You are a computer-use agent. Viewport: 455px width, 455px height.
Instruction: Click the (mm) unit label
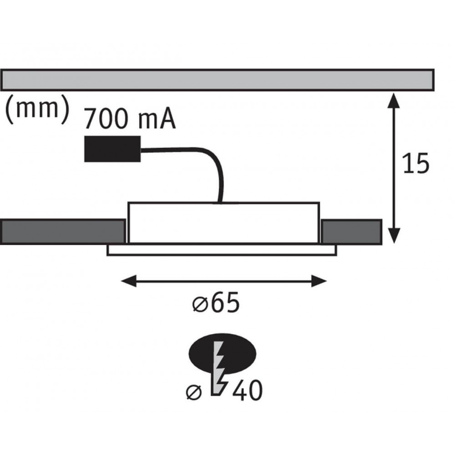[37, 110]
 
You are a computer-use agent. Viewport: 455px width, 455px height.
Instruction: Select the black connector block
[112, 149]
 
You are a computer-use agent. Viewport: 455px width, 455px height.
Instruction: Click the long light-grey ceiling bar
[217, 80]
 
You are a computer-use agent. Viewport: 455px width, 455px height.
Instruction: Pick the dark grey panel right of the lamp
[351, 232]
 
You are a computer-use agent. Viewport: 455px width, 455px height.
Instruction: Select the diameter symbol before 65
[199, 305]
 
